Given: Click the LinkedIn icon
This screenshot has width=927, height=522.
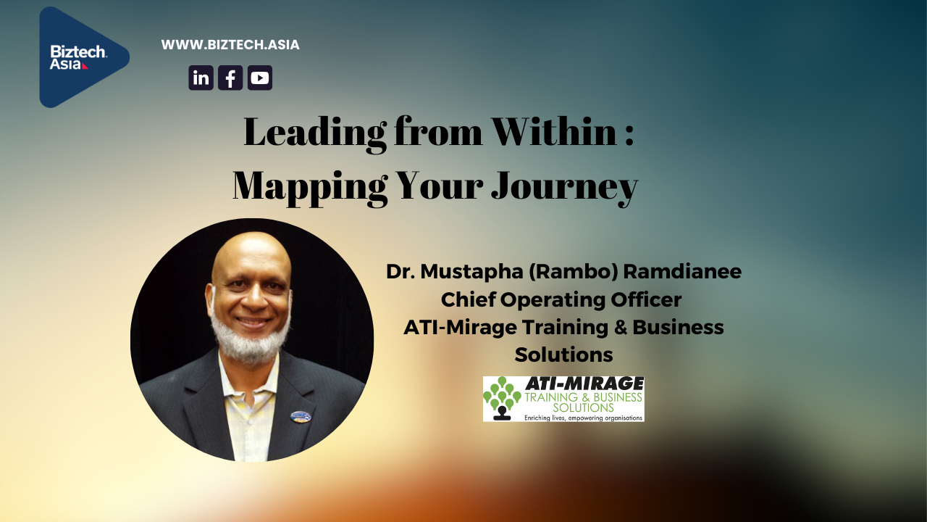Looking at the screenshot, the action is (x=201, y=78).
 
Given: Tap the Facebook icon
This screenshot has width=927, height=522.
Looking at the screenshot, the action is (x=230, y=78).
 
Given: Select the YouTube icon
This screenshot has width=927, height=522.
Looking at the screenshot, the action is (x=260, y=78).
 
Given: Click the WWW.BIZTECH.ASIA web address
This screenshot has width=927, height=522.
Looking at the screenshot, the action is (x=230, y=45).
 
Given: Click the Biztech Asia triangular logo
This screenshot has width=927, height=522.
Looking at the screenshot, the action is (x=80, y=57).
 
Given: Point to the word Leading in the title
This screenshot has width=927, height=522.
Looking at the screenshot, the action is (x=315, y=133).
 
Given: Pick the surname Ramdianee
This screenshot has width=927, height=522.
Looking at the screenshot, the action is (x=682, y=272).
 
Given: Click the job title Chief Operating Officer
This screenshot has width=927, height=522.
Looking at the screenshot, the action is (x=561, y=299).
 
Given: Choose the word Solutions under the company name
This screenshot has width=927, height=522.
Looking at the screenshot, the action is (x=563, y=355).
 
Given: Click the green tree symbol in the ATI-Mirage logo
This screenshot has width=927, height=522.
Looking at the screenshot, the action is (x=502, y=398).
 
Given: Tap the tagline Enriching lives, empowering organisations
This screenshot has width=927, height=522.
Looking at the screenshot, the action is (x=584, y=418).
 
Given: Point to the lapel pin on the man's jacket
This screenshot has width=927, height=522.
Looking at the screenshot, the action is (x=301, y=416).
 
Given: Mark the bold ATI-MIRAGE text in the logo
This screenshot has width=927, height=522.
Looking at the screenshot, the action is (x=584, y=384).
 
